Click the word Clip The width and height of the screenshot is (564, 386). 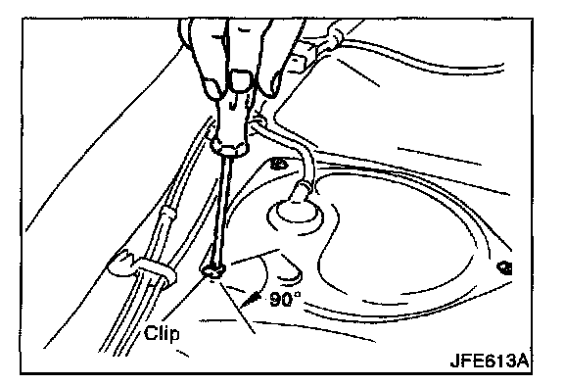(x=162, y=333)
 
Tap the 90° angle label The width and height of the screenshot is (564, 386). (x=285, y=299)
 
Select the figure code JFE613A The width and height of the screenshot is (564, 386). (x=490, y=361)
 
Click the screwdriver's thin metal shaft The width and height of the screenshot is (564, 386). (x=221, y=212)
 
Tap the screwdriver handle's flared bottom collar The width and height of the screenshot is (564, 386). (x=230, y=147)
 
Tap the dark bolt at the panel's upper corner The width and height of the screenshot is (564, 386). (x=279, y=164)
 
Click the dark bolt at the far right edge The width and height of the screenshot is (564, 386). (x=504, y=268)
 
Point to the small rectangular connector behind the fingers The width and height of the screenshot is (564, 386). (x=303, y=58)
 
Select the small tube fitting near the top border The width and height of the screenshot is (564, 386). (x=334, y=39)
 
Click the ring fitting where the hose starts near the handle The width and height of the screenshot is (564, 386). (x=258, y=122)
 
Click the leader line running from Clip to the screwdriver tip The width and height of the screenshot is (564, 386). (x=182, y=301)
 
